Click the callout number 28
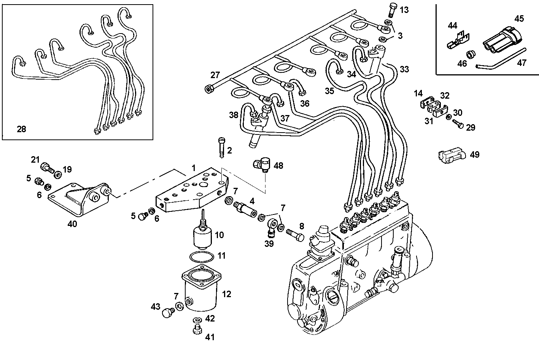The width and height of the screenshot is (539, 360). (21, 130)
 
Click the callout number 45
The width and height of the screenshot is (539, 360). (519, 18)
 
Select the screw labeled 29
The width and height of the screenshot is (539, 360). (458, 123)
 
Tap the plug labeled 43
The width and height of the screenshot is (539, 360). (167, 313)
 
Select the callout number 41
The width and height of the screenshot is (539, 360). (210, 337)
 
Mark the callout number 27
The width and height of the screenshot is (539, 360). (215, 75)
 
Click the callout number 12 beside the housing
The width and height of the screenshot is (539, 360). (226, 294)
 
